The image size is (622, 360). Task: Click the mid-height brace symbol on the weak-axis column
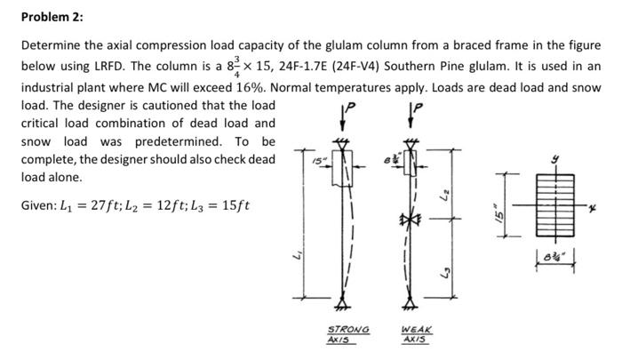pos(411,219)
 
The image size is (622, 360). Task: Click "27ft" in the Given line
pos(109,207)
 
